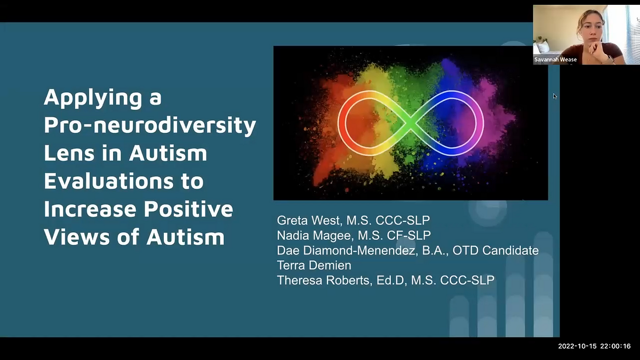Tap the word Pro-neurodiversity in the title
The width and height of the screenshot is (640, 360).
(x=150, y=125)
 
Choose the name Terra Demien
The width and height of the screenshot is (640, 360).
(x=314, y=265)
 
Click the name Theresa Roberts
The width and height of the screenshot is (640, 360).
(x=322, y=280)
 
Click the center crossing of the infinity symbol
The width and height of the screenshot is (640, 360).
(x=411, y=123)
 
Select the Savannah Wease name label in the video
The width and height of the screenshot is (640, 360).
(x=555, y=60)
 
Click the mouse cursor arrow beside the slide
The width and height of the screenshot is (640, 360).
(x=555, y=96)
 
